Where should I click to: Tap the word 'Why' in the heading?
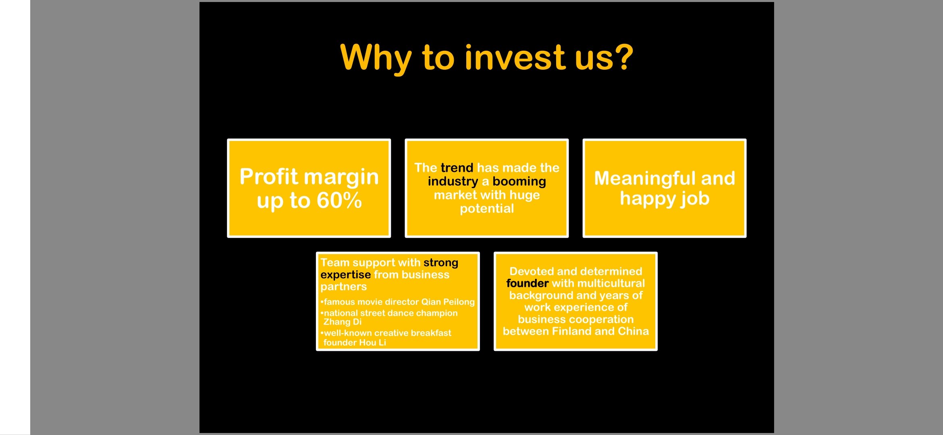[376, 60]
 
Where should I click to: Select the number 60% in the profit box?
[339, 200]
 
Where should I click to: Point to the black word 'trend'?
[457, 168]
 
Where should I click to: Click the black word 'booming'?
[519, 182]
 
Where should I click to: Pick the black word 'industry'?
[453, 182]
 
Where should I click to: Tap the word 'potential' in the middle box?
[487, 209]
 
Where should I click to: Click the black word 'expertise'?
[345, 275]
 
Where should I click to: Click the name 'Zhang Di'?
[343, 322]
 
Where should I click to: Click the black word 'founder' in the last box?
[528, 284]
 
